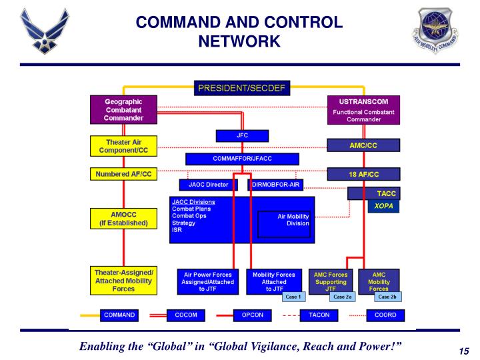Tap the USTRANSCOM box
[363, 110]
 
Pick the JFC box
[242, 135]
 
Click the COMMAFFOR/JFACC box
[242, 159]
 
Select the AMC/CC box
[363, 145]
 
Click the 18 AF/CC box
[363, 174]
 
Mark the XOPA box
[383, 207]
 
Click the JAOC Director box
[209, 185]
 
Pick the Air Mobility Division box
[285, 220]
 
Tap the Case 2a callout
[343, 297]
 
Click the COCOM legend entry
[185, 315]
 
